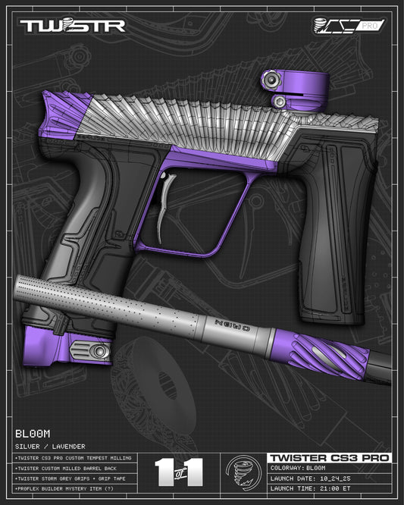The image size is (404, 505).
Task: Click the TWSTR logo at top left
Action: (x=72, y=26)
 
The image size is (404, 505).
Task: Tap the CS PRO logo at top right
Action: (x=349, y=25)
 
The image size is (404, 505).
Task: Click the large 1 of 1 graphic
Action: (x=179, y=472)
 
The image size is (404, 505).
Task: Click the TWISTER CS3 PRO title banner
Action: (x=329, y=458)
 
